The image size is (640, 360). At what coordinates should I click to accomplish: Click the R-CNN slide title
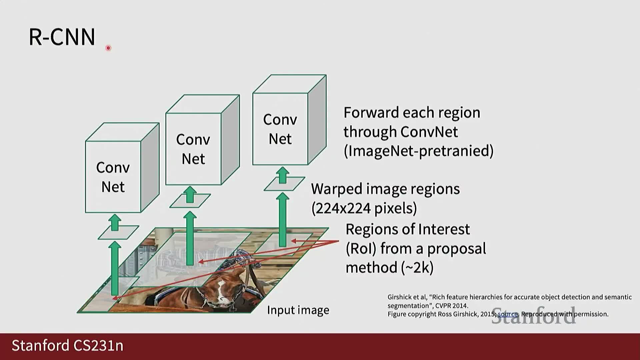pos(62,37)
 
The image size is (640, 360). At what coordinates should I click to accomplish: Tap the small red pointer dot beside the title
pos(108,48)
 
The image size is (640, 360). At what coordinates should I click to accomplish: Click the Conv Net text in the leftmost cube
pos(113,177)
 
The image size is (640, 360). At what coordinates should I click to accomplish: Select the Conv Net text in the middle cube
pos(193,149)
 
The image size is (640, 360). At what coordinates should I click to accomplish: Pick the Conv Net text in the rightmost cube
pos(280,129)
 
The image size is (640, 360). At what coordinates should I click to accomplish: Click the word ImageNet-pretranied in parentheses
pos(418,151)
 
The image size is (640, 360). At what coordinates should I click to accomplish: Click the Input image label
pos(298,310)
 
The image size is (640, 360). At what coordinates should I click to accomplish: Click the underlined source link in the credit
pos(508,314)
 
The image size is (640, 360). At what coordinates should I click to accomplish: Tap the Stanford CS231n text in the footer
pos(68,346)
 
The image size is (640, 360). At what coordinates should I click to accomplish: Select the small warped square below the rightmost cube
pos(284,184)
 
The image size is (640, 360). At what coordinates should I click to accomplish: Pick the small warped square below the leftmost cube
pos(118,232)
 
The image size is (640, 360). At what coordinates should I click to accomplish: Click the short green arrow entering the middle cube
pos(190,195)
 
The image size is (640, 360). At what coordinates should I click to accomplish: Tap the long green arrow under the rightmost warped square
pos(283,220)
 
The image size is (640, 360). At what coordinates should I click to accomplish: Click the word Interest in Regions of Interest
pos(444,229)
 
